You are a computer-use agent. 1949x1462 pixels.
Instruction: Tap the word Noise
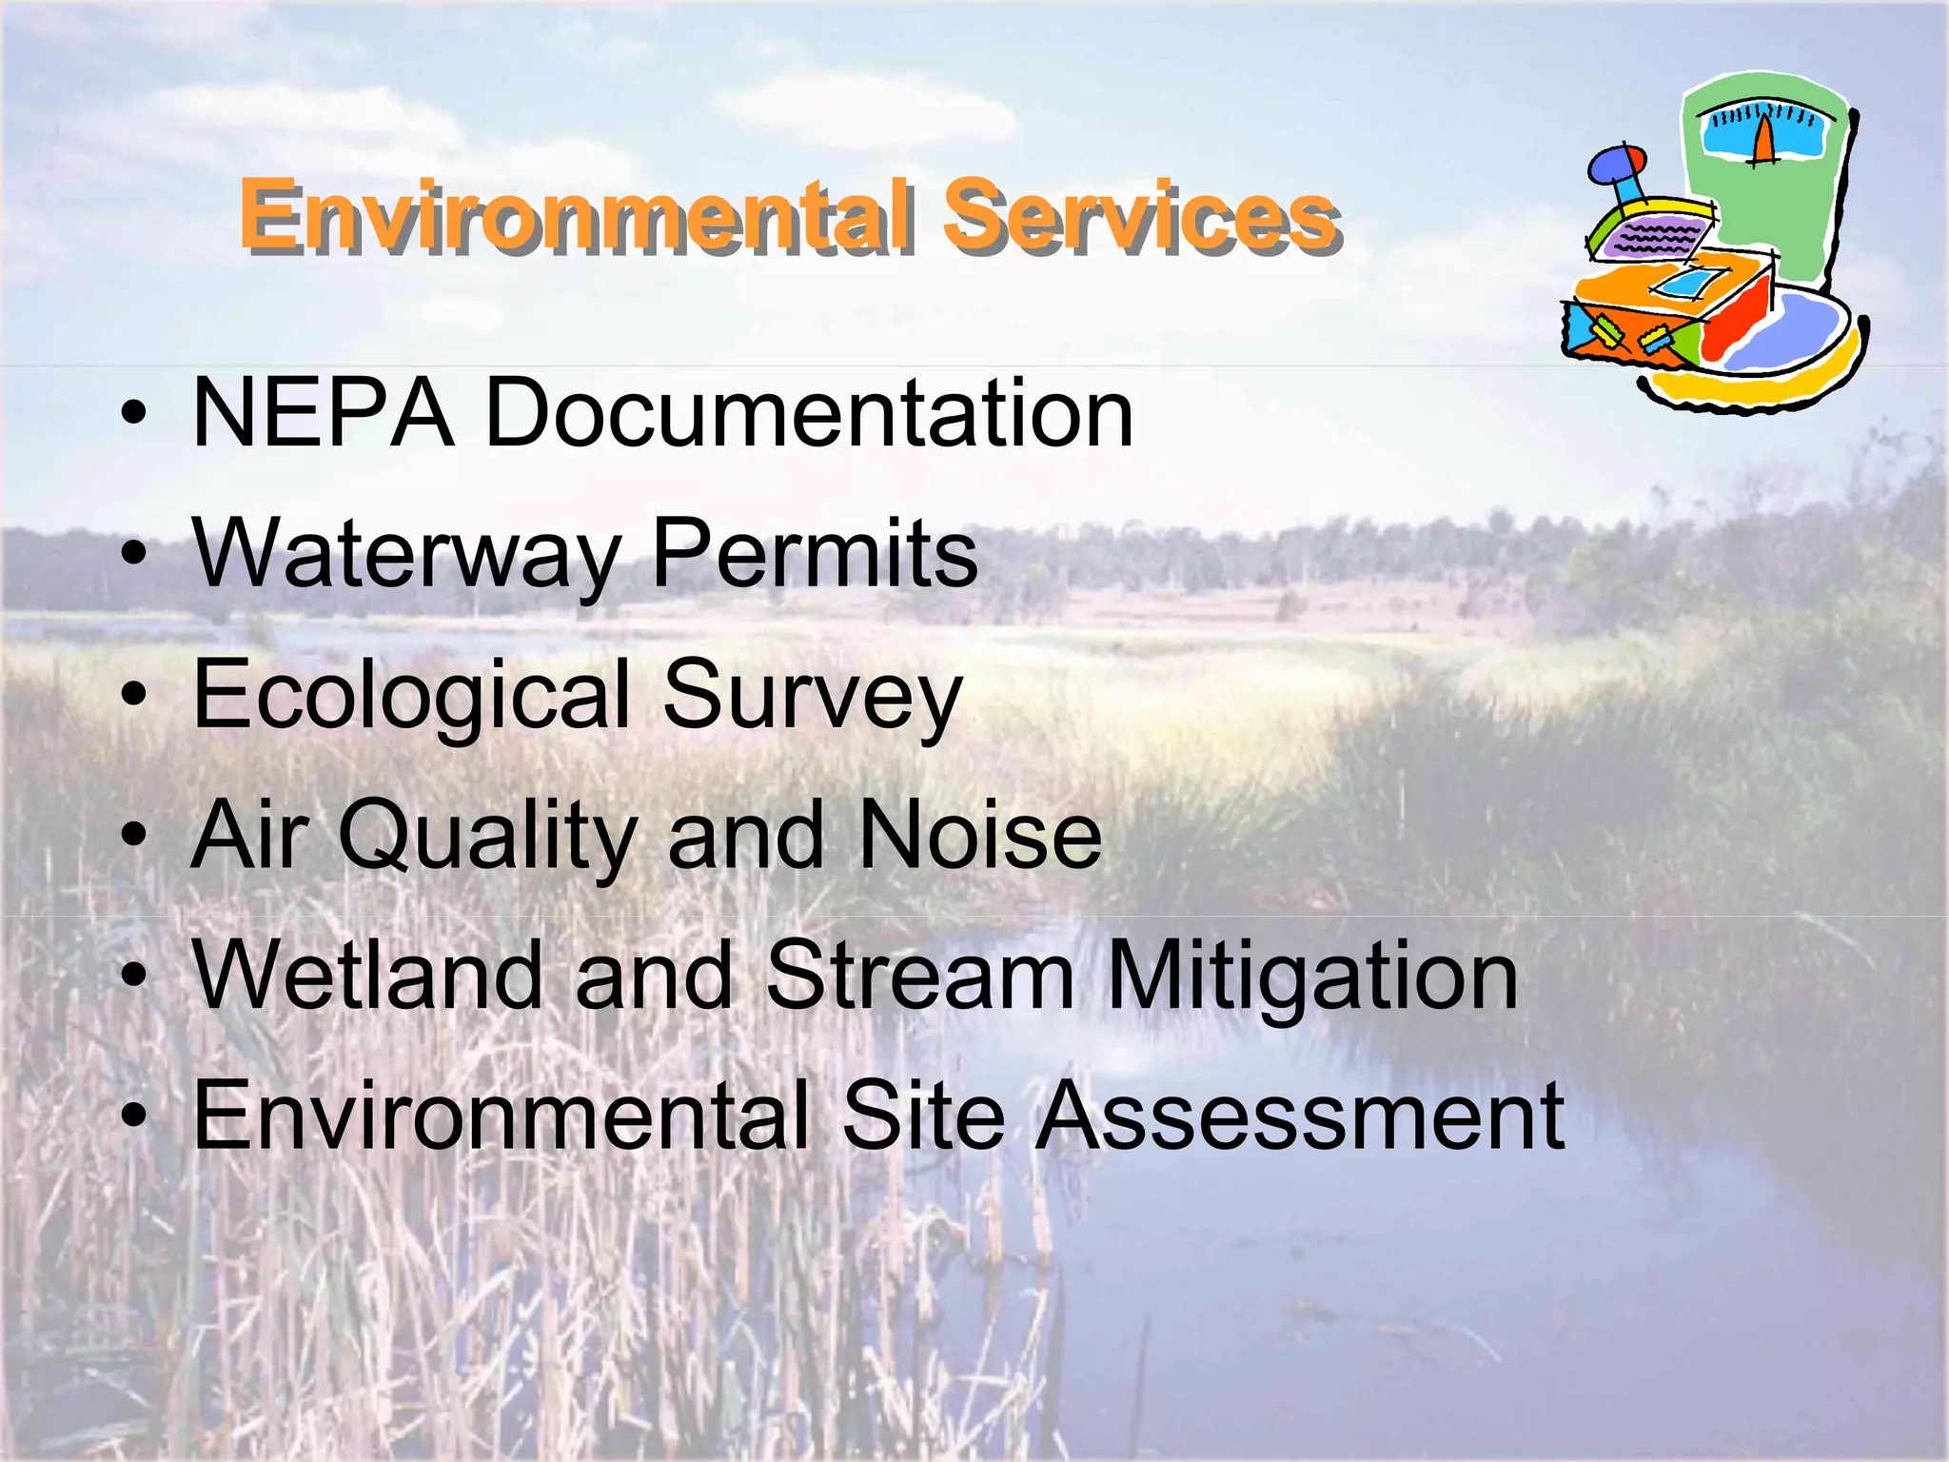pos(980,836)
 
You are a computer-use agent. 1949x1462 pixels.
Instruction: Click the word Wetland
pos(367,976)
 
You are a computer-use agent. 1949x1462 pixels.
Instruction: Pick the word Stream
pos(920,976)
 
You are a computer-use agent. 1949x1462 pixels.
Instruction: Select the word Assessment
pos(1300,1115)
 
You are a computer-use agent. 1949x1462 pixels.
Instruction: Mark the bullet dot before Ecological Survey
pos(135,694)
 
